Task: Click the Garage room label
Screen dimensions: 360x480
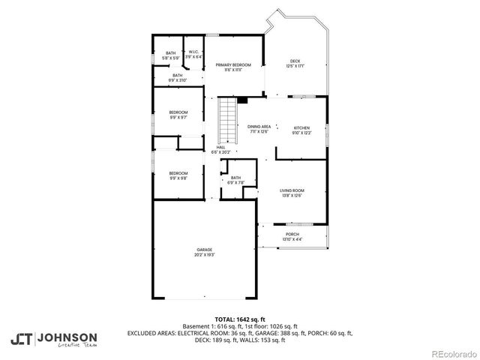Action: (x=204, y=249)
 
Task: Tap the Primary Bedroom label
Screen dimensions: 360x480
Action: (x=233, y=65)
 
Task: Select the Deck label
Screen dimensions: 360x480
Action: (x=295, y=61)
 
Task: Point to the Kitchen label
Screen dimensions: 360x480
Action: (x=301, y=127)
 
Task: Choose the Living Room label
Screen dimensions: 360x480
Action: (x=292, y=190)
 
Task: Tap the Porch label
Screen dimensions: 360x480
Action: (x=292, y=235)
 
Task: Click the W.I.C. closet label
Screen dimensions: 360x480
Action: (x=193, y=52)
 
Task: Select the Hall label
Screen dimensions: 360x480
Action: (x=221, y=148)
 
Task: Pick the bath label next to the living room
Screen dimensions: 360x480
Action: (x=235, y=178)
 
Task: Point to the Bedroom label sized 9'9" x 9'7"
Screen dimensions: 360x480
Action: (x=178, y=112)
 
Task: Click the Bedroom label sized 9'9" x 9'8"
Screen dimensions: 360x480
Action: (x=178, y=174)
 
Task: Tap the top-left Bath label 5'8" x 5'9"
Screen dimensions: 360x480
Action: (x=171, y=52)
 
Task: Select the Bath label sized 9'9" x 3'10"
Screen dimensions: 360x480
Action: (x=178, y=75)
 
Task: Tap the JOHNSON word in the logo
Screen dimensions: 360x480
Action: (x=67, y=337)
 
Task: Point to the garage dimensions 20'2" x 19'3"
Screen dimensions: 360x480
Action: (x=204, y=254)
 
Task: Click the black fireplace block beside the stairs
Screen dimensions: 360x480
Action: (x=241, y=100)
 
